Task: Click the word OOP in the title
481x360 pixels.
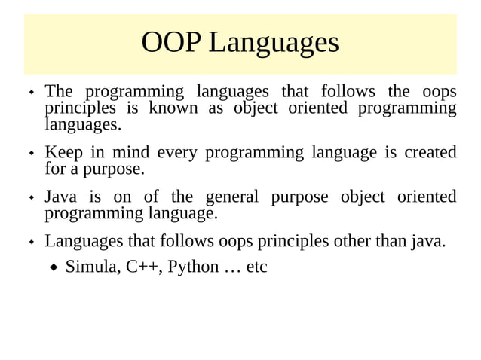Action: point(171,43)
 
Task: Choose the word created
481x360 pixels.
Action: point(430,153)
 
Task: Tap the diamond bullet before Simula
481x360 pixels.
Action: point(54,267)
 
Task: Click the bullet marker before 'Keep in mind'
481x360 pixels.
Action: point(32,154)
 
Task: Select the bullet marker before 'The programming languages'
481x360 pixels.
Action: point(32,93)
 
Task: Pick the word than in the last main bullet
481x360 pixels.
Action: point(385,242)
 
